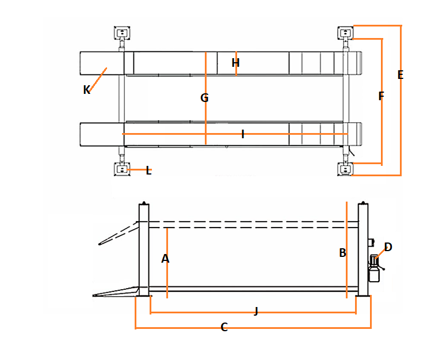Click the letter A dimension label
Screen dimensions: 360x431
tap(165, 259)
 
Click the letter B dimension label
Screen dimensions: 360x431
tap(342, 253)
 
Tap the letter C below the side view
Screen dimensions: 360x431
tap(224, 327)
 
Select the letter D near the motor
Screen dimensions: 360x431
tap(388, 247)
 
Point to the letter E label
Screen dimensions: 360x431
tap(401, 75)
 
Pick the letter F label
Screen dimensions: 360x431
tap(381, 96)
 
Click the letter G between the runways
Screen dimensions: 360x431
tap(204, 98)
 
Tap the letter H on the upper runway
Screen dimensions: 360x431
tap(235, 63)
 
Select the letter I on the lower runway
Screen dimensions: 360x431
tap(243, 134)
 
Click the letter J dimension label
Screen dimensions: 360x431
tap(256, 312)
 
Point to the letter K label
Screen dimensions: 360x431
tap(86, 90)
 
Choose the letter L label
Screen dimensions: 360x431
tap(148, 170)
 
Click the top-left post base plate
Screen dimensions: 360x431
tap(122, 32)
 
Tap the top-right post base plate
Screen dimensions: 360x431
tap(345, 32)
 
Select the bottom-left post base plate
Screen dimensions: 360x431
tap(122, 170)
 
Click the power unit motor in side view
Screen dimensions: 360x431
tap(375, 268)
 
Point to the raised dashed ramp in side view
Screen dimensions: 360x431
tap(118, 234)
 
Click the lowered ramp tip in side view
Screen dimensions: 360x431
tap(98, 295)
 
